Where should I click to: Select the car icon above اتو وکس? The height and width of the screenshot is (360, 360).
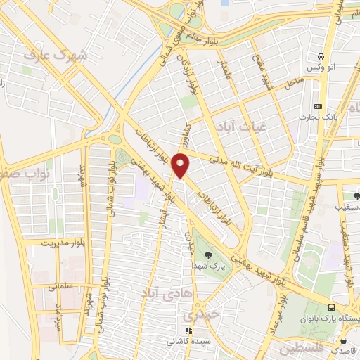[x=321, y=56]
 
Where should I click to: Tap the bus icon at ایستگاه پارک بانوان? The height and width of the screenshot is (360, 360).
[x=331, y=307]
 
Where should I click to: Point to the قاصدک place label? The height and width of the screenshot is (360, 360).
[x=345, y=349]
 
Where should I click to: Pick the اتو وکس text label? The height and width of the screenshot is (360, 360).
[x=320, y=67]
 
